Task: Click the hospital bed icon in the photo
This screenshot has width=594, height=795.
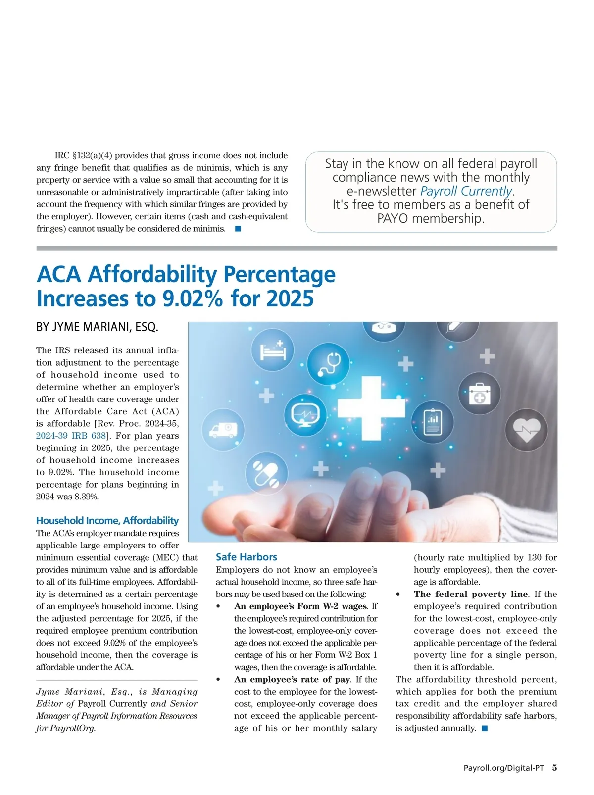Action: click(272, 350)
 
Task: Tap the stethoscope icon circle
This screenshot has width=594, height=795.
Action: click(328, 363)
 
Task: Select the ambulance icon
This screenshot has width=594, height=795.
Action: click(223, 429)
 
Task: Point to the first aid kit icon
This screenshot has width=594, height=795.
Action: click(479, 394)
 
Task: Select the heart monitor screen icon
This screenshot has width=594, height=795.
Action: click(304, 415)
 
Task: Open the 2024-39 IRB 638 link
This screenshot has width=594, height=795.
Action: click(71, 436)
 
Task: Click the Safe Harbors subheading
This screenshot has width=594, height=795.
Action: click(246, 557)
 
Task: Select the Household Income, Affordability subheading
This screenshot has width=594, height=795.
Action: click(107, 520)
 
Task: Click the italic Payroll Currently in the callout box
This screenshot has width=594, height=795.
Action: click(466, 191)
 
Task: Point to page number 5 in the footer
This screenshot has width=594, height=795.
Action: click(554, 768)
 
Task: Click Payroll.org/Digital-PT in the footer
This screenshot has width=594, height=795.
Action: click(503, 768)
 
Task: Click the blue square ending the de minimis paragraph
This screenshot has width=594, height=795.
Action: click(238, 229)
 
